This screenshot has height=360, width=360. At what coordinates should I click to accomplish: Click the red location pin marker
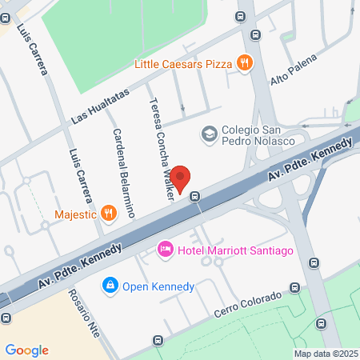[x=182, y=178]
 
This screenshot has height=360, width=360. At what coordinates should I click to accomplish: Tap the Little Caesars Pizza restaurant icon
[x=245, y=62]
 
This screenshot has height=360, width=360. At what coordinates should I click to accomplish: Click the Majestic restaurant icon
[x=109, y=214]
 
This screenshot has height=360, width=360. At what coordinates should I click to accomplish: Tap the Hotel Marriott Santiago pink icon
[x=166, y=251]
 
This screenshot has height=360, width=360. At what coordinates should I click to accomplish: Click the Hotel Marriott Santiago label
[x=236, y=251]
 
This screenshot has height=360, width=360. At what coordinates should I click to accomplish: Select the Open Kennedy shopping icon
[x=110, y=284]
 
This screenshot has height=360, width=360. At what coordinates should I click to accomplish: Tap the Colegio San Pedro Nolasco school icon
[x=210, y=133]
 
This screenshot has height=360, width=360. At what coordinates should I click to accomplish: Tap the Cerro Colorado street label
[x=248, y=305]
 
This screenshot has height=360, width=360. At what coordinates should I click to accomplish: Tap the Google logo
[x=26, y=350]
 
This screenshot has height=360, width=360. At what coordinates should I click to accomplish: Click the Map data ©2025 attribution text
[x=324, y=354]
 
